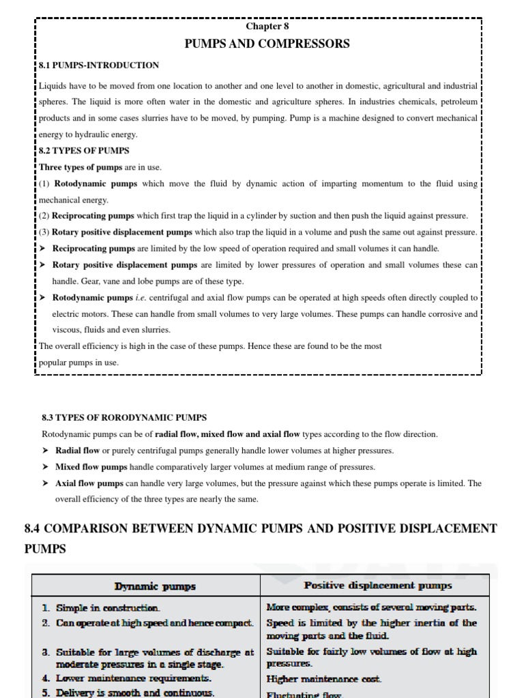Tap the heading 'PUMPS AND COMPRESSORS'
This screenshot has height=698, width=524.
point(267,44)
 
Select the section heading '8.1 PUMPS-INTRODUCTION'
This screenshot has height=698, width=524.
point(100,65)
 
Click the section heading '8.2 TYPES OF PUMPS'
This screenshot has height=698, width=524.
point(84,151)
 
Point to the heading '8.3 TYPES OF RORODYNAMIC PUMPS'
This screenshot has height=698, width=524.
point(124,417)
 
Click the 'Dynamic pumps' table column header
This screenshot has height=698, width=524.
point(155,586)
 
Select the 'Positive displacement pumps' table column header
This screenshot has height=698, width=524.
point(377,586)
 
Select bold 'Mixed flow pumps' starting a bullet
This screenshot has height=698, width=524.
point(91,467)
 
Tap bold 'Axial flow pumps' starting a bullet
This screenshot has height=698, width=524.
point(89,483)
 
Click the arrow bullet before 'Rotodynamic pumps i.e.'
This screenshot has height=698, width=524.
point(44,298)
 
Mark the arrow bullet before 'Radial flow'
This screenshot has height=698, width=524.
point(45,451)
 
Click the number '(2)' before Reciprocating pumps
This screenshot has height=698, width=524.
point(45,216)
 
